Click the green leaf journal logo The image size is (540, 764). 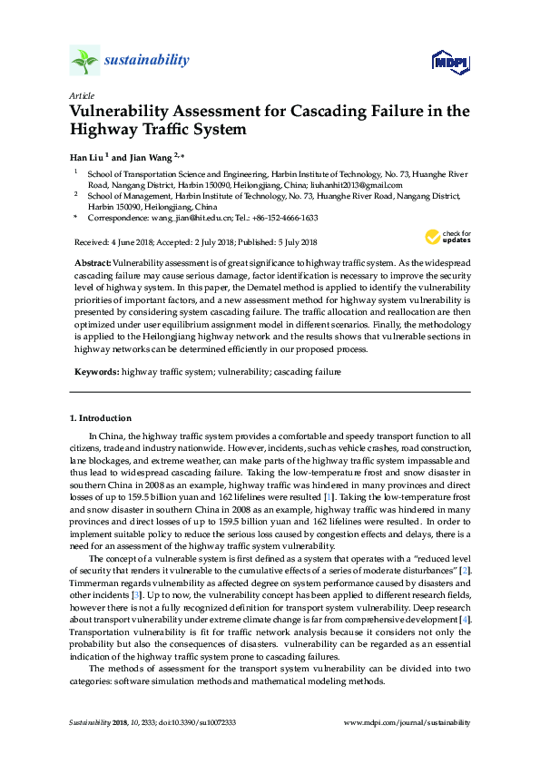[84, 61]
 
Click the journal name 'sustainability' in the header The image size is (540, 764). [147, 61]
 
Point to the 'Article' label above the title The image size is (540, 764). [83, 95]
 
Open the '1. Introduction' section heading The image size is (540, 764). [101, 418]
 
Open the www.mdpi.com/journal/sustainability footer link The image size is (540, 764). [407, 722]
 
